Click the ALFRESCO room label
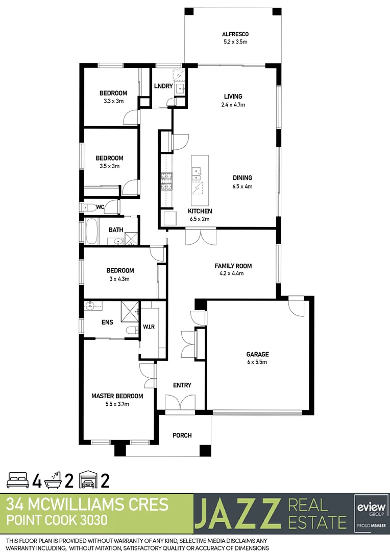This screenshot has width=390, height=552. [235, 34]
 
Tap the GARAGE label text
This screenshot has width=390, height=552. [257, 354]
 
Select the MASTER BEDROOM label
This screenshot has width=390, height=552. [117, 396]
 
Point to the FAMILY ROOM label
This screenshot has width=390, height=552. [233, 266]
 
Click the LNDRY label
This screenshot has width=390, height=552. [163, 86]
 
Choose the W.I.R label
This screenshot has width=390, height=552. [149, 327]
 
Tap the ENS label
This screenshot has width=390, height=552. [107, 323]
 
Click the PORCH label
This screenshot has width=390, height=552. [182, 435]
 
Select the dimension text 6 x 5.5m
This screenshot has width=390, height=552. [257, 362]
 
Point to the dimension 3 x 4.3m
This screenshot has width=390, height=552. [120, 279]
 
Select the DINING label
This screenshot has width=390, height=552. [242, 178]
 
